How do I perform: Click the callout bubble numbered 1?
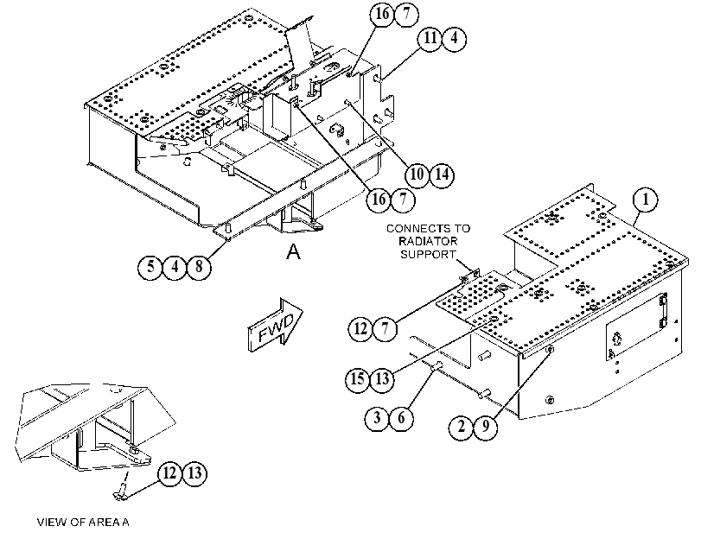pos(646,200)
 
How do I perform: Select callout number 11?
pos(430,38)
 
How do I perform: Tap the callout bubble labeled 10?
pos(417,174)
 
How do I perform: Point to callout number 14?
pos(442,174)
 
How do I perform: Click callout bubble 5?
pos(150,267)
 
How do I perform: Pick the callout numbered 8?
pos(199,267)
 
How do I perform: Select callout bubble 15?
pos(358,379)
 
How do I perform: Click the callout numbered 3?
pos(377,418)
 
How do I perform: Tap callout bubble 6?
pos(401,418)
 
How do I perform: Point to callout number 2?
pos(462,427)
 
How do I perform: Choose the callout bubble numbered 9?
pos(486,427)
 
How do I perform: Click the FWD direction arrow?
pos(275,326)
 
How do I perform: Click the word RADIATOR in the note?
pos(428,241)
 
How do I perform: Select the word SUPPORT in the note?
pos(428,254)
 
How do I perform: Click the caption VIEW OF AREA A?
pos(83,522)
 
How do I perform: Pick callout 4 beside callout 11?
pos(454,38)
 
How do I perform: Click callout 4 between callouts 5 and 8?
pos(175,267)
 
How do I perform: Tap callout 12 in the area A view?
pos(170,472)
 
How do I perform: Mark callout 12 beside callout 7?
pos(360,329)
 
